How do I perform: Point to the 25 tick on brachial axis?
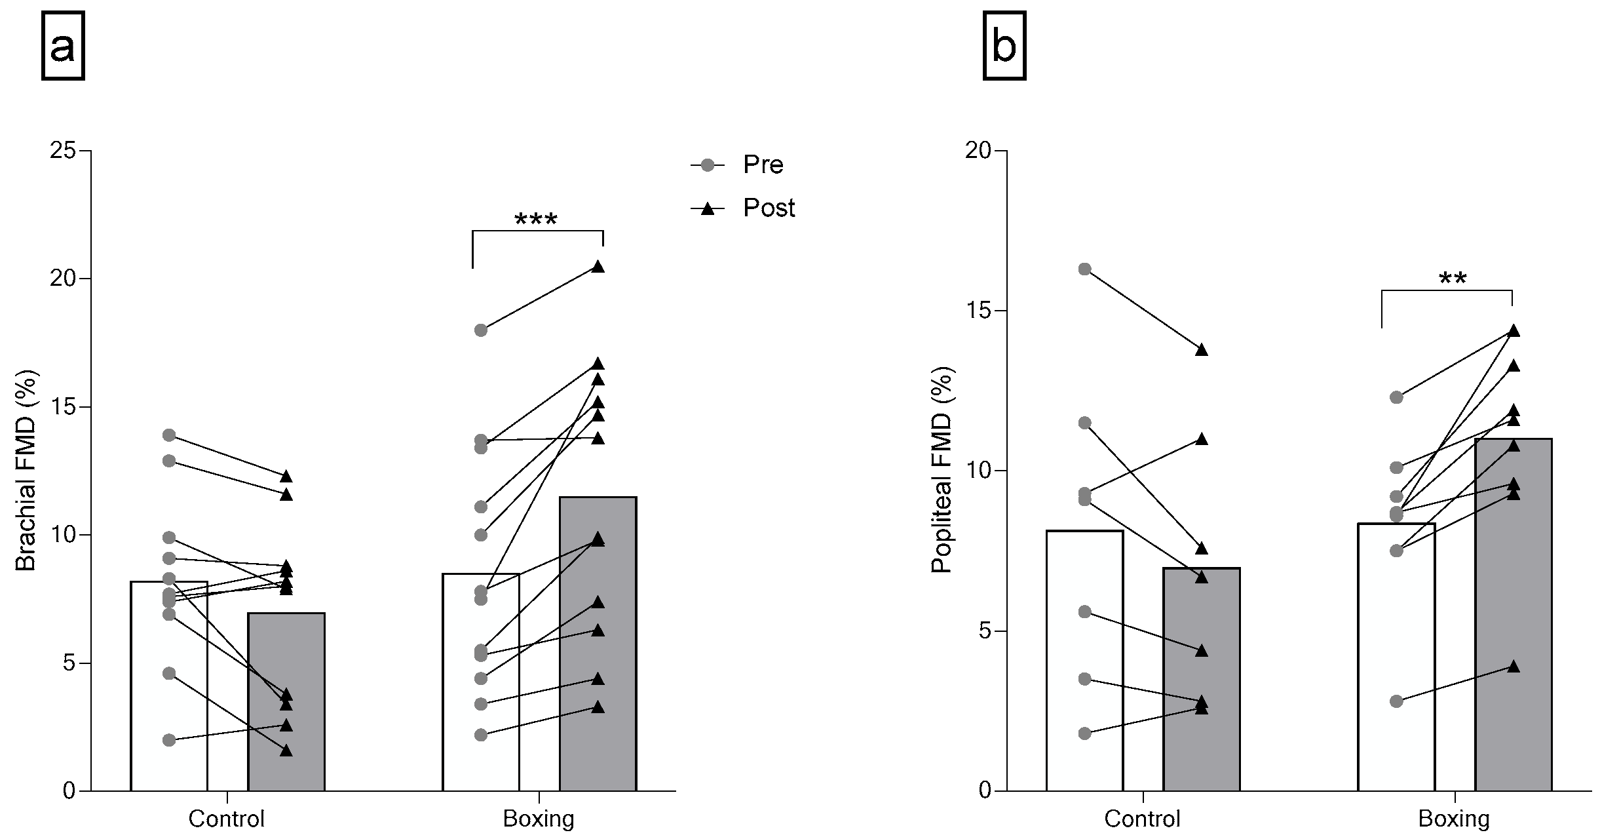pos(64,151)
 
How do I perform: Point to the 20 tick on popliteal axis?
pos(979,151)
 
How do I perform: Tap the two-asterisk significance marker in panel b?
pos(1453,281)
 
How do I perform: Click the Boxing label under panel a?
pos(539,819)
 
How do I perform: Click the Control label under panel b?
pos(1142,819)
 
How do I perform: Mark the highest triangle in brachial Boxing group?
pos(598,267)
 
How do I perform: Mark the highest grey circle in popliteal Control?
pos(1084,269)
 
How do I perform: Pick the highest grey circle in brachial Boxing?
pos(481,330)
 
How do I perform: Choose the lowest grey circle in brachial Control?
pos(169,740)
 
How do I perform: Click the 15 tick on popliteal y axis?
pos(979,311)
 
